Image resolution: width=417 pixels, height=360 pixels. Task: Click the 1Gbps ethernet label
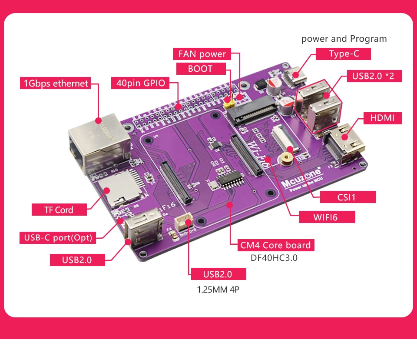click(55, 83)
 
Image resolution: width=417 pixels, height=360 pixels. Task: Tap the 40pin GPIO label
click(140, 83)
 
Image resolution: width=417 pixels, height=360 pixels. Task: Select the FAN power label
click(202, 54)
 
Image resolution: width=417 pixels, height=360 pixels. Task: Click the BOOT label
click(200, 69)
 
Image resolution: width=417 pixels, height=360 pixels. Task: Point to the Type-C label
click(343, 54)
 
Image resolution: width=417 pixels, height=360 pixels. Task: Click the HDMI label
click(382, 117)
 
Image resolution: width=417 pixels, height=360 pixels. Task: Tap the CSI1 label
click(347, 197)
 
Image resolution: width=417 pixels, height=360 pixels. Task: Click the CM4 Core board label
click(276, 245)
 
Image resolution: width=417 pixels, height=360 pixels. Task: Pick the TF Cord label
click(59, 210)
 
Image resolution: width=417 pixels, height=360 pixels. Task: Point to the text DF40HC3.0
click(274, 258)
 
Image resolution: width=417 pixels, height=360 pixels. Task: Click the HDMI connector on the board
click(345, 143)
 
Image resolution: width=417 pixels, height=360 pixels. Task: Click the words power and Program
click(344, 39)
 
